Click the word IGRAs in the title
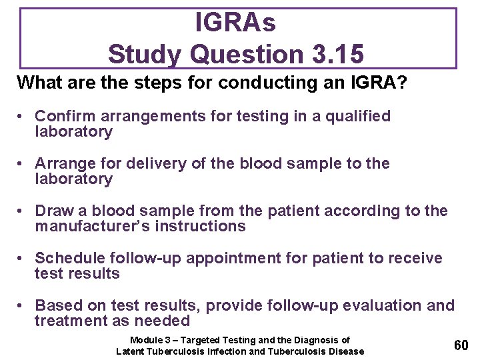click(235, 23)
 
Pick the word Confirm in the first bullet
click(61, 117)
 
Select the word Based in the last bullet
click(57, 306)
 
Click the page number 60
click(461, 345)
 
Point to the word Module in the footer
click(145, 340)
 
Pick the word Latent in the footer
click(130, 351)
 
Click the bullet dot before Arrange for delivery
click(22, 164)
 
